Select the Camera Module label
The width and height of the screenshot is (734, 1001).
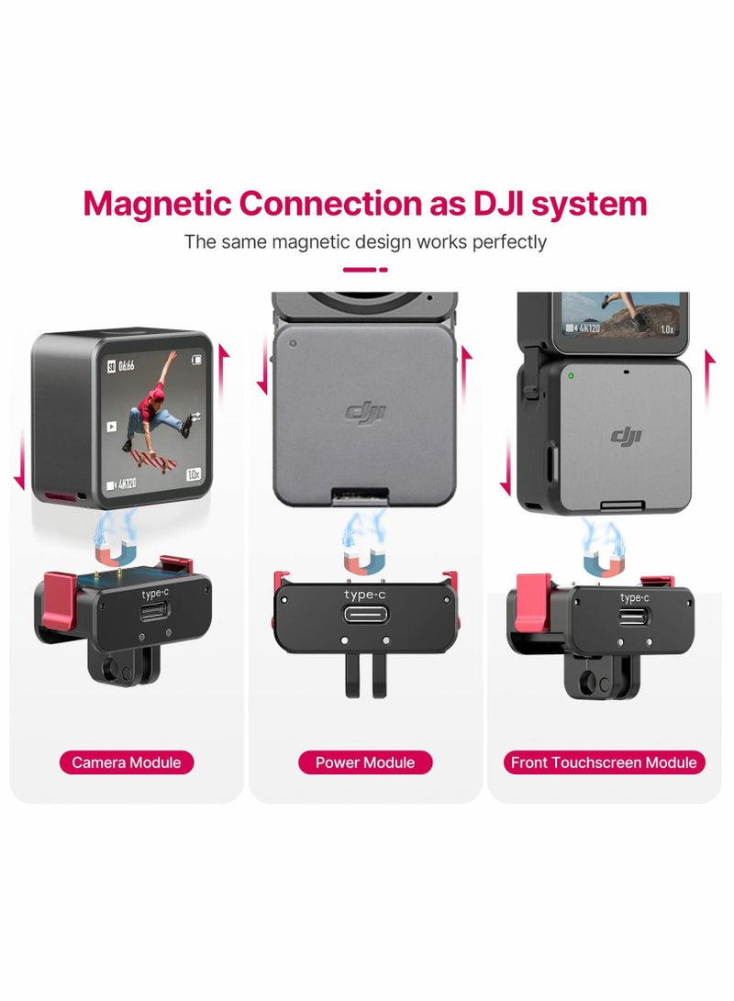pos(127,762)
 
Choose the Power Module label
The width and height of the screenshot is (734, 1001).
pos(365,762)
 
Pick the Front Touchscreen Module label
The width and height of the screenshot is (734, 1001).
pos(604,762)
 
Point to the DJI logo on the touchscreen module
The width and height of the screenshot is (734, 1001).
pos(627,436)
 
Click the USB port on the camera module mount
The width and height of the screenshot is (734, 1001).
pos(155,612)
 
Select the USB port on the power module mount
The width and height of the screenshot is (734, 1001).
pos(365,614)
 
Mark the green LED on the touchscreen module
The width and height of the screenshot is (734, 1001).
pos(570,375)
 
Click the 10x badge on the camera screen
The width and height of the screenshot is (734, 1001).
pos(194,474)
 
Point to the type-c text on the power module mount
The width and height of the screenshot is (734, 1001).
pos(365,595)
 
